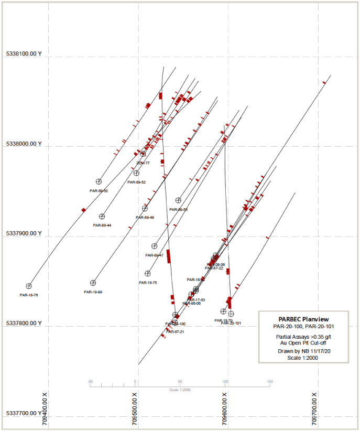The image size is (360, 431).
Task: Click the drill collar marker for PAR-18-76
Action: (29, 286)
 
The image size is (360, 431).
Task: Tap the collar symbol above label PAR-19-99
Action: (93, 283)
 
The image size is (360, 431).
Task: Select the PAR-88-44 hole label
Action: (102, 225)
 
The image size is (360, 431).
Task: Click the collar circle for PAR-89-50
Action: (99, 181)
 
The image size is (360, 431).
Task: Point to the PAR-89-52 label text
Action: (136, 182)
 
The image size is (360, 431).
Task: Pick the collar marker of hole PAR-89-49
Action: (145, 209)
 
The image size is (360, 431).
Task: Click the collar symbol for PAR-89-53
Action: (178, 200)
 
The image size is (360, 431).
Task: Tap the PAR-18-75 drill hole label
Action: (148, 283)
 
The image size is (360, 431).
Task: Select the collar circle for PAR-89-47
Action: (155, 246)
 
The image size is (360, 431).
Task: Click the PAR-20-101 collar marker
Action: (231, 314)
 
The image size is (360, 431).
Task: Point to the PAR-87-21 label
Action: (174, 332)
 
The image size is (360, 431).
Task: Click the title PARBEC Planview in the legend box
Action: (304, 319)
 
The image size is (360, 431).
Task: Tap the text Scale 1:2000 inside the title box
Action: (304, 358)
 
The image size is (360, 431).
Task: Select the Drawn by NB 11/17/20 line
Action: (304, 350)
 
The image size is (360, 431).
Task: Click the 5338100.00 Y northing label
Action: (24, 55)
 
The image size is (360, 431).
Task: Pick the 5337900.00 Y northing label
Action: (24, 233)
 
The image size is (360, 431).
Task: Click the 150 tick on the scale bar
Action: (270, 382)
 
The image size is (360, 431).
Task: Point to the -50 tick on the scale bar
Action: (90, 382)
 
